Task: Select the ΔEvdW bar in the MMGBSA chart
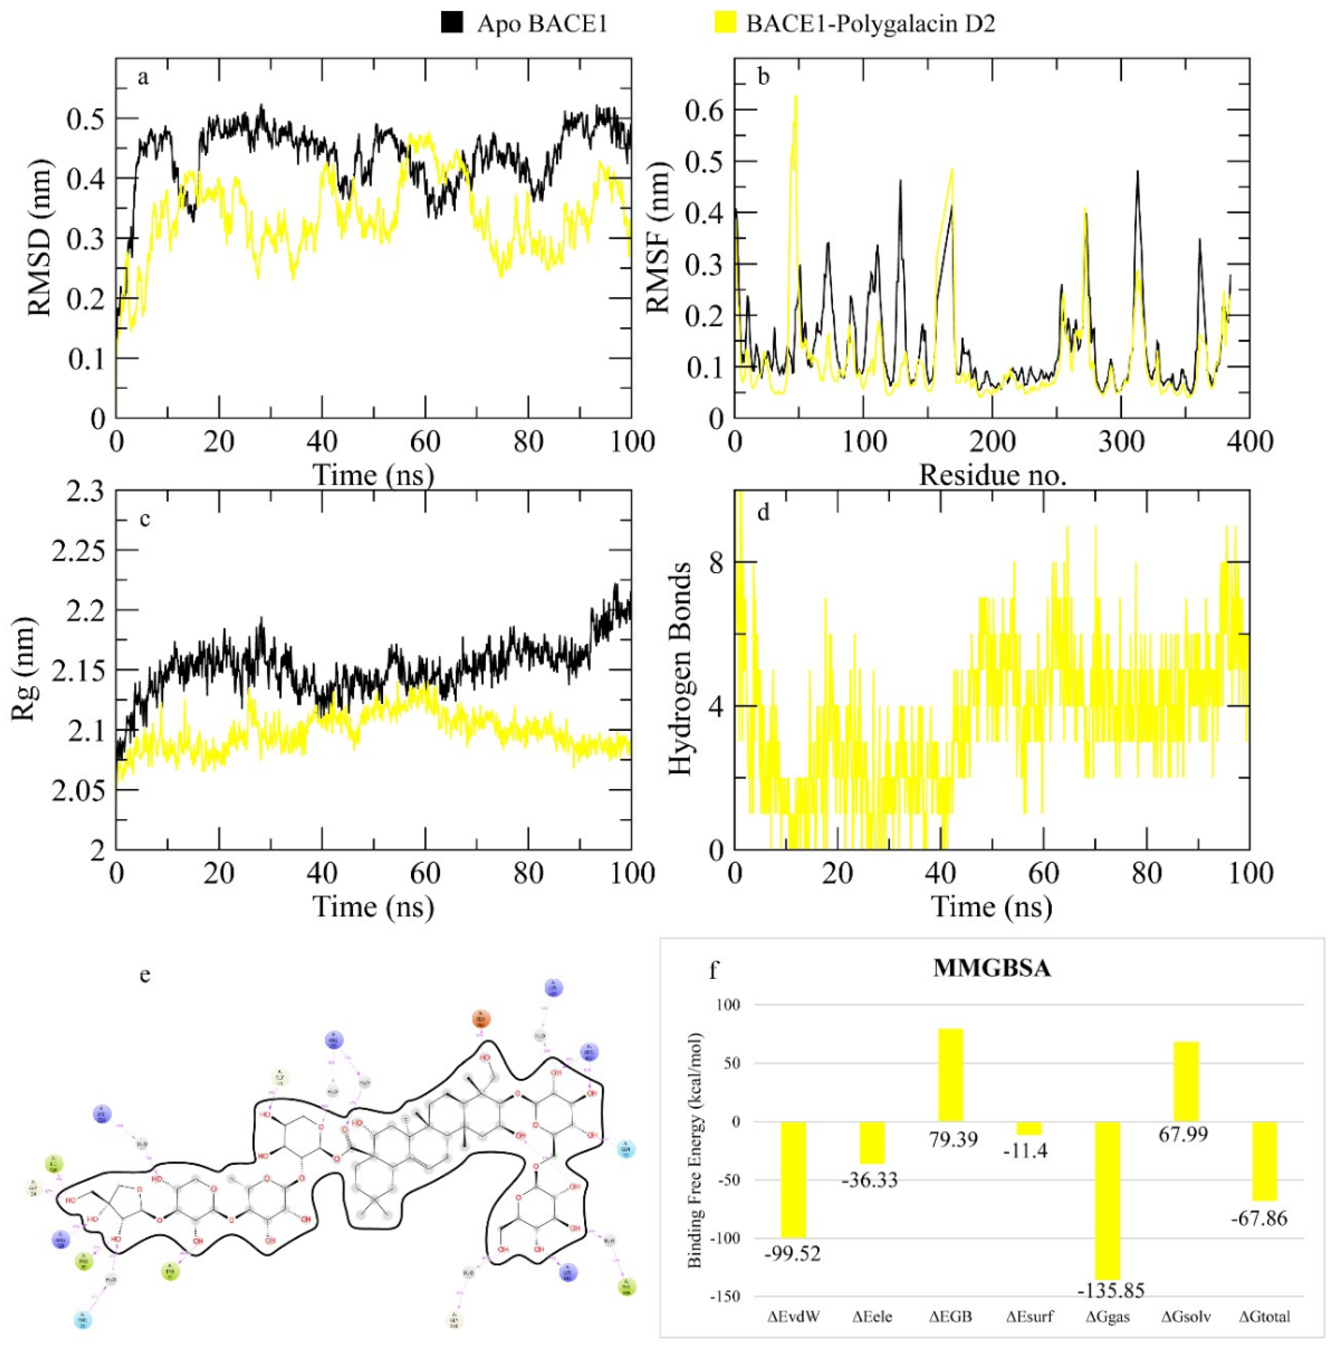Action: [x=793, y=1180]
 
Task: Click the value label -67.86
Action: [x=1259, y=1219]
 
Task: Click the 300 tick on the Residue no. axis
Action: [x=1120, y=441]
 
